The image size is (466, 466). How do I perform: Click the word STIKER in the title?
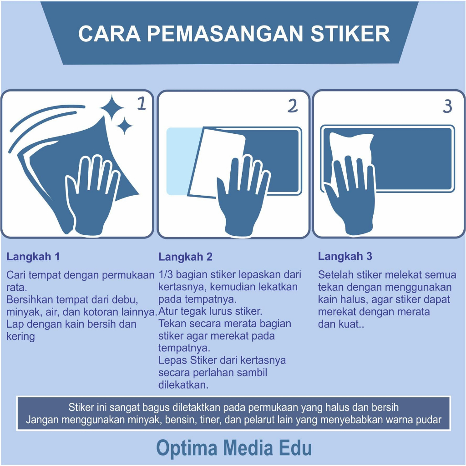pyautogui.click(x=350, y=34)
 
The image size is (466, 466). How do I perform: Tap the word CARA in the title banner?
pyautogui.click(x=109, y=34)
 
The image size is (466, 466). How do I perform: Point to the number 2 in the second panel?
pyautogui.click(x=293, y=106)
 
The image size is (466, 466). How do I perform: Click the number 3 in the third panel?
pyautogui.click(x=447, y=106)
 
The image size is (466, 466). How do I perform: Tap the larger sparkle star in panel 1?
pyautogui.click(x=111, y=108)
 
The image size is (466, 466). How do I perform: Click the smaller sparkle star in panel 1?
pyautogui.click(x=124, y=126)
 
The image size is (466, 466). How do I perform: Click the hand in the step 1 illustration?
pyautogui.click(x=92, y=196)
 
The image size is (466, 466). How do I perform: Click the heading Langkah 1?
pyautogui.click(x=33, y=257)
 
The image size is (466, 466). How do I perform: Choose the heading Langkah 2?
pyautogui.click(x=186, y=257)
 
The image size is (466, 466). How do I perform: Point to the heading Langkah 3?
pyautogui.click(x=345, y=256)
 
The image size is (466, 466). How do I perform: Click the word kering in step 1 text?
pyautogui.click(x=20, y=337)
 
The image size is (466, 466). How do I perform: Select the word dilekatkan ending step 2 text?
pyautogui.click(x=183, y=385)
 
